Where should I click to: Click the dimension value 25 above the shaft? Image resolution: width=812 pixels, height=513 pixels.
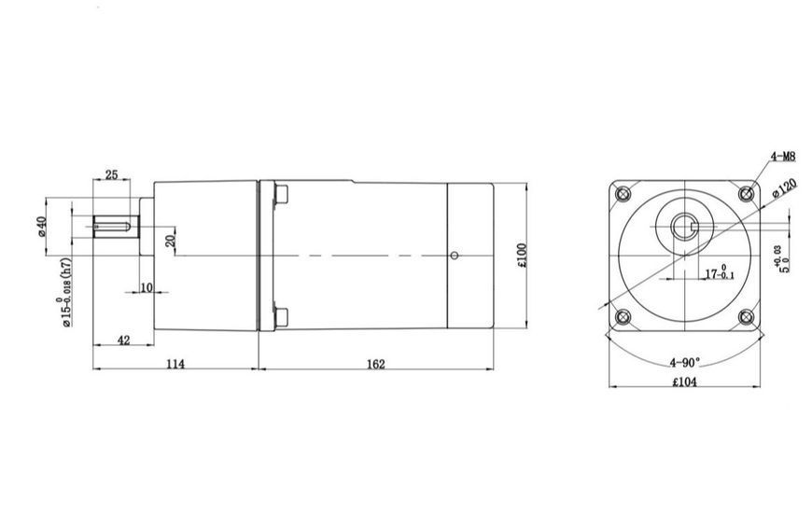[111, 174]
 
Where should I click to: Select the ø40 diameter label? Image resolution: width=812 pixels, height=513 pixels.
[42, 227]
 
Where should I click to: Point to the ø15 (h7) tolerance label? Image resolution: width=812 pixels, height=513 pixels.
[65, 292]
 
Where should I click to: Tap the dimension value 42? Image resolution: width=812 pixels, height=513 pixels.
[124, 340]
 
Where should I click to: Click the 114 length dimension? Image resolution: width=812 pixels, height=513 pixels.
[175, 364]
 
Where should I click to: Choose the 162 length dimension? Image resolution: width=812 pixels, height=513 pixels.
[376, 364]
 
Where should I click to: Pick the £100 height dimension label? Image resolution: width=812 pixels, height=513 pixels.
[522, 256]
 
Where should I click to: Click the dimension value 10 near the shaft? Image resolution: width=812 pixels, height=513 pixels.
[147, 287]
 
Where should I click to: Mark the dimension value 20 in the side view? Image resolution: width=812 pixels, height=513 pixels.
[171, 241]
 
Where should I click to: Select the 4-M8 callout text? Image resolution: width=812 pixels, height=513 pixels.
[783, 156]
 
